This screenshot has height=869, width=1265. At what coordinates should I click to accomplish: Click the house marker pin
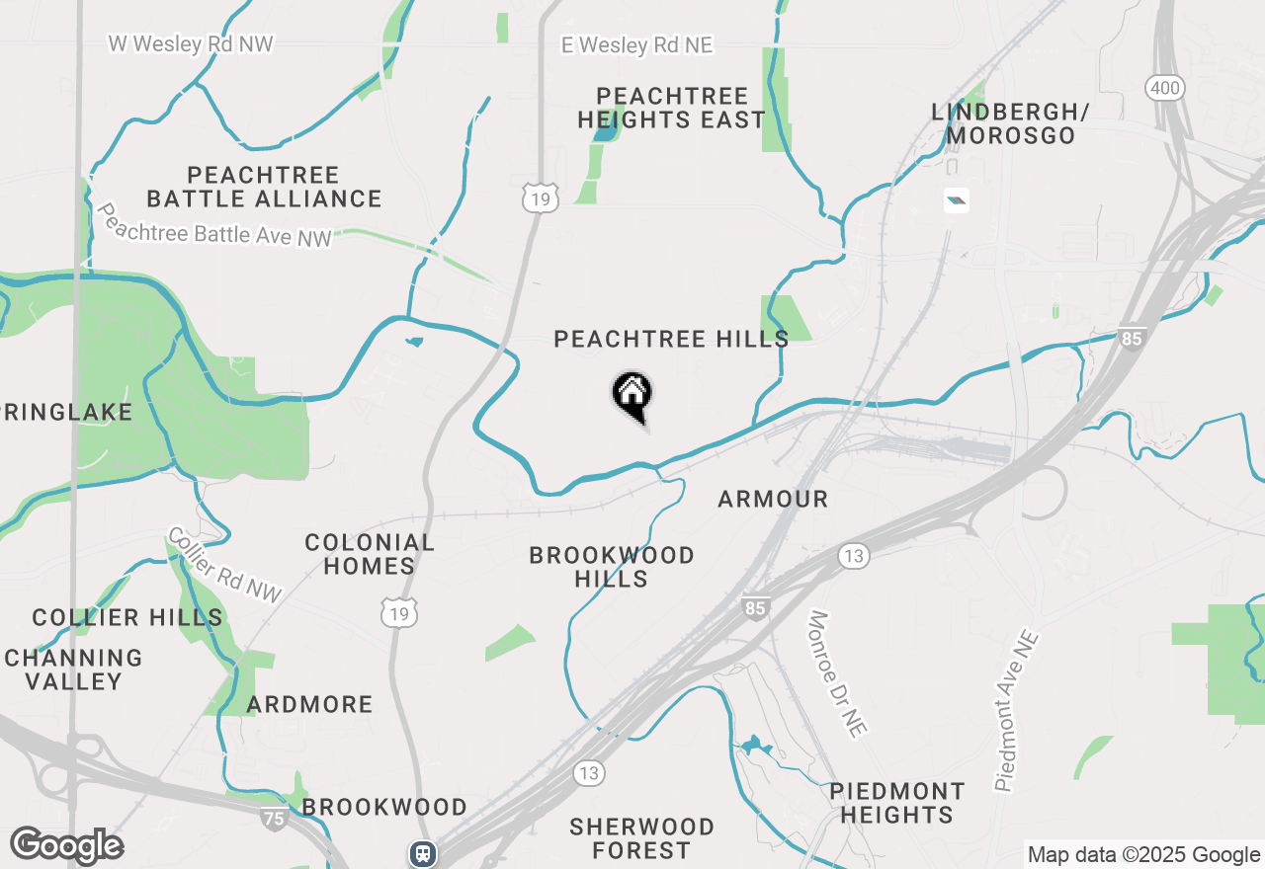pyautogui.click(x=632, y=395)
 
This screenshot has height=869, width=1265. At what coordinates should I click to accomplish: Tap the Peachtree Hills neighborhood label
pyautogui.click(x=671, y=340)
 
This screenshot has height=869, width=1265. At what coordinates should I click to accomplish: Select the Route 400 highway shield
pyautogui.click(x=1165, y=89)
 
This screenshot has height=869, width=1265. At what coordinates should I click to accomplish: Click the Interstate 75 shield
pyautogui.click(x=275, y=818)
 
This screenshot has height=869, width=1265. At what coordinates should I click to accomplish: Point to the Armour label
pyautogui.click(x=773, y=500)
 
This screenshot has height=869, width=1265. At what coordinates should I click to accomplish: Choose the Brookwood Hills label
pyautogui.click(x=612, y=567)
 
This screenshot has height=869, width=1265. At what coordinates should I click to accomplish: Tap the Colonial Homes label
pyautogui.click(x=370, y=554)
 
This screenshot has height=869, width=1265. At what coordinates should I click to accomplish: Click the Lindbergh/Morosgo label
pyautogui.click(x=1009, y=123)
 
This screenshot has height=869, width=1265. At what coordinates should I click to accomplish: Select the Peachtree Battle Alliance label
pyautogui.click(x=264, y=187)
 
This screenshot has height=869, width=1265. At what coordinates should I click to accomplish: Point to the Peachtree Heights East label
pyautogui.click(x=672, y=109)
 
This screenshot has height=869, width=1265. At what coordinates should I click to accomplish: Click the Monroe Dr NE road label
pyautogui.click(x=837, y=673)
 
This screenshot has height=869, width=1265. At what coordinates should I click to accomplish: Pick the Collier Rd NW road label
pyautogui.click(x=224, y=565)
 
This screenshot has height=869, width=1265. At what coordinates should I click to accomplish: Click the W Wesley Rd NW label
pyautogui.click(x=191, y=44)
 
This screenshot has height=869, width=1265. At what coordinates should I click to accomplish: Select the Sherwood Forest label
pyautogui.click(x=641, y=838)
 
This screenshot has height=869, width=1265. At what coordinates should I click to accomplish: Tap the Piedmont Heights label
pyautogui.click(x=896, y=803)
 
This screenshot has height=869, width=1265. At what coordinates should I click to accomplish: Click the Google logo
pyautogui.click(x=66, y=846)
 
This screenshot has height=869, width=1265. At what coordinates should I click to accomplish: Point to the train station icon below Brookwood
pyautogui.click(x=423, y=852)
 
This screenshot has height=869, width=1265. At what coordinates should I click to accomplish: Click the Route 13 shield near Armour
pyautogui.click(x=854, y=557)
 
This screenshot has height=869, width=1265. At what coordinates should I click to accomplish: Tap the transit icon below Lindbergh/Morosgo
pyautogui.click(x=956, y=201)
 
